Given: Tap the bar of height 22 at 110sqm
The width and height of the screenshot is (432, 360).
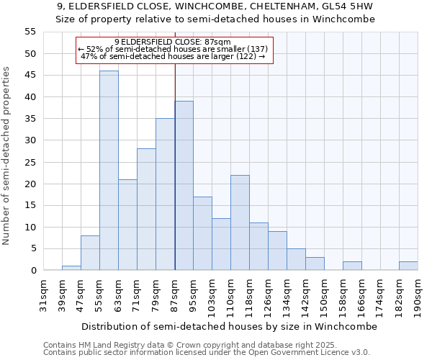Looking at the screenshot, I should pyautogui.click(x=240, y=222).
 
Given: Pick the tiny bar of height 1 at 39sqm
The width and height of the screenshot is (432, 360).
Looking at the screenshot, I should pyautogui.click(x=71, y=268).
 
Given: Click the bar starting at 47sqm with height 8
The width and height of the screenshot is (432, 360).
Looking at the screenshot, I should pyautogui.click(x=90, y=253).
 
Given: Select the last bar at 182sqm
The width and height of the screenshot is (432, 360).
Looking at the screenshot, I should pyautogui.click(x=408, y=266).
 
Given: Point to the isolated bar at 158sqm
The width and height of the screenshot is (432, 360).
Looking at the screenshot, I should pyautogui.click(x=352, y=266).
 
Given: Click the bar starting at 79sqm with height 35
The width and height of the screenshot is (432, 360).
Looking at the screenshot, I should pyautogui.click(x=165, y=194).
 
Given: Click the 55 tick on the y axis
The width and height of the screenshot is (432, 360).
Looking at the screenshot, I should pyautogui.click(x=30, y=32).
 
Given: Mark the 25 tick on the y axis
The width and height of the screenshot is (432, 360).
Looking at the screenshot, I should pyautogui.click(x=30, y=162).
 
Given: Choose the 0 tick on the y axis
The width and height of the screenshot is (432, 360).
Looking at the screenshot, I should pyautogui.click(x=32, y=271).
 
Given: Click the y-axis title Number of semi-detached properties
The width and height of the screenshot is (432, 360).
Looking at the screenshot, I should pyautogui.click(x=7, y=155).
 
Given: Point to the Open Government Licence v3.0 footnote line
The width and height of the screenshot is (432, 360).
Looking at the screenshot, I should pyautogui.click(x=207, y=353).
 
